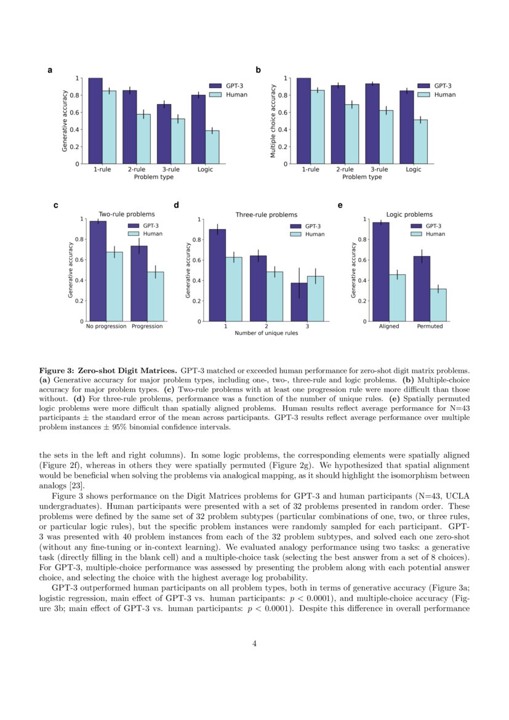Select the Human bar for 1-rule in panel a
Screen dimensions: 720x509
109,127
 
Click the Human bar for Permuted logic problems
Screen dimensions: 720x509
438,305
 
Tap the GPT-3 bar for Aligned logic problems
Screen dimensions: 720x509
380,272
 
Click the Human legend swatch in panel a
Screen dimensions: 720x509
215,95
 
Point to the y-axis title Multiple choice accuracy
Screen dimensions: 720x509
273,121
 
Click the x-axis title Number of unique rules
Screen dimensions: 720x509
267,333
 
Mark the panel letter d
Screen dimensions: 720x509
177,205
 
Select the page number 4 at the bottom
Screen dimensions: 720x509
254,644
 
